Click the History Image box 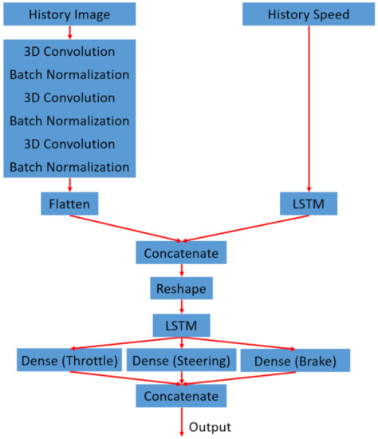(x=69, y=15)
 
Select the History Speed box (x=308, y=15)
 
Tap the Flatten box (x=70, y=204)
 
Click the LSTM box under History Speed (x=309, y=204)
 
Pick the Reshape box (x=182, y=286)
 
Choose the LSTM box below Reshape (x=182, y=325)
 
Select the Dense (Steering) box (x=183, y=361)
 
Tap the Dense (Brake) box (x=295, y=361)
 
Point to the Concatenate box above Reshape (x=182, y=253)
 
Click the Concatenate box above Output (x=182, y=395)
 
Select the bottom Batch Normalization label (x=69, y=167)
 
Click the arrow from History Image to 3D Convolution (x=69, y=32)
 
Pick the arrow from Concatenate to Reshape (x=182, y=270)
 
